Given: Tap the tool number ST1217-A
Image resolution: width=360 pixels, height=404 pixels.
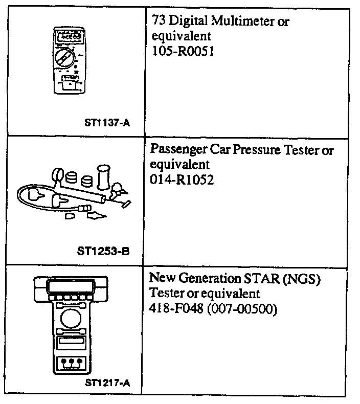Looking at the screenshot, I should [x=107, y=381].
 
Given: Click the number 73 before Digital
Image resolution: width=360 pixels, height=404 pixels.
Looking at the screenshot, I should [x=159, y=23].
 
